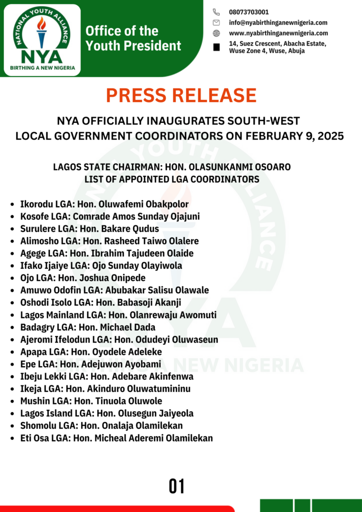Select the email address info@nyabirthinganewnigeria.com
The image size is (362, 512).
(278, 22)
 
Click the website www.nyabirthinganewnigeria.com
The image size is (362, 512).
(278, 33)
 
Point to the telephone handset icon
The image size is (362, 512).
(216, 12)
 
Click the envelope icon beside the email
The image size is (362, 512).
(216, 22)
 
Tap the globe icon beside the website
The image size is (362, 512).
(216, 33)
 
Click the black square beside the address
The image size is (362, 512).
(216, 47)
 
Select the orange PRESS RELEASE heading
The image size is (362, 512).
(181, 95)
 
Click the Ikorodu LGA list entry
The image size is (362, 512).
(104, 204)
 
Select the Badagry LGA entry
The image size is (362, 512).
(87, 327)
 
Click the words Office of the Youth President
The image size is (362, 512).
(133, 38)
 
